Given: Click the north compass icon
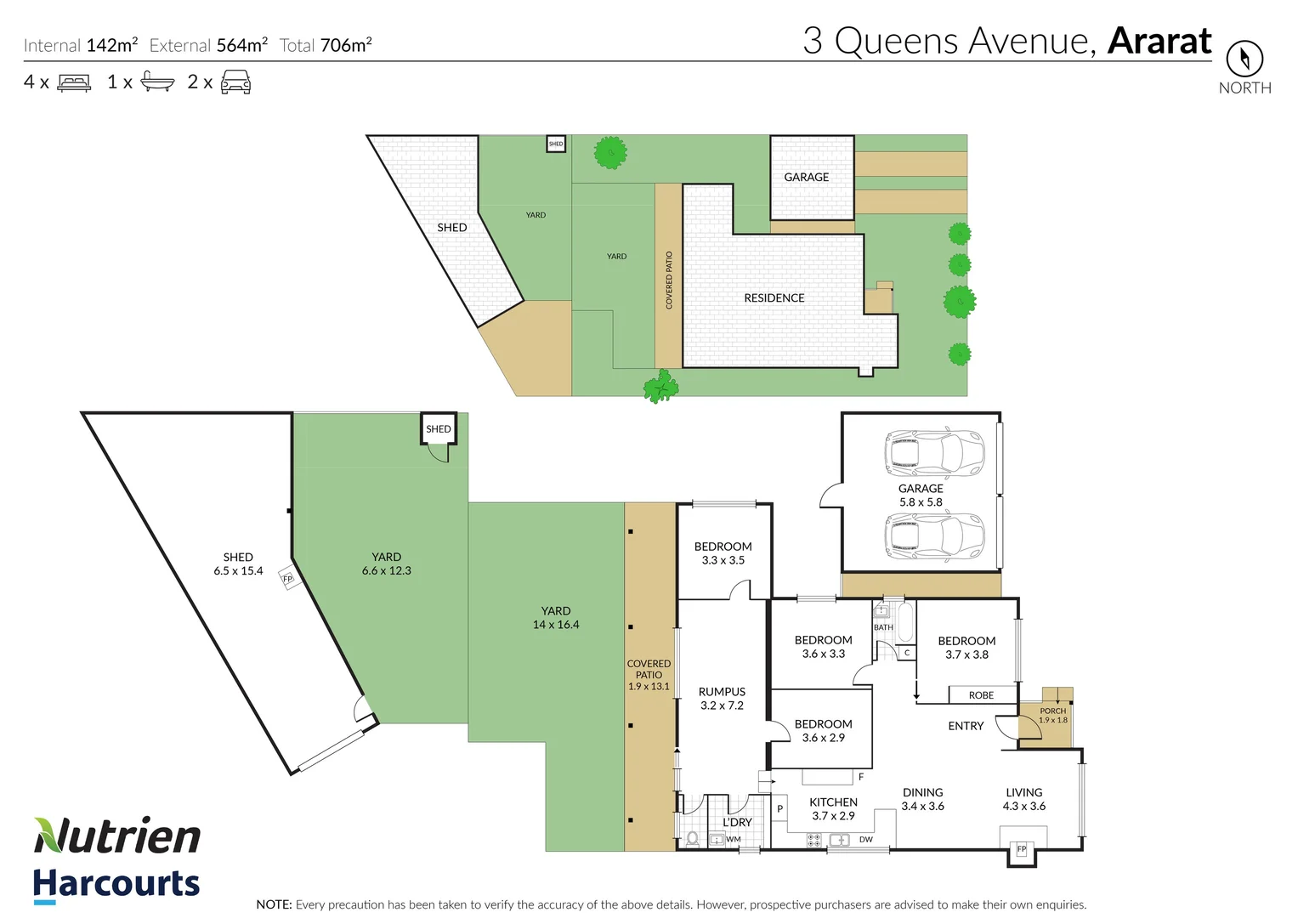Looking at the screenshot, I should (x=1244, y=59).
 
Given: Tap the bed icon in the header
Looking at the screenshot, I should (x=74, y=82).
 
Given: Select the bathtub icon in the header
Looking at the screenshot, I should (x=157, y=82).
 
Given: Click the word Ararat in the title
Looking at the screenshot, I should (x=1159, y=41).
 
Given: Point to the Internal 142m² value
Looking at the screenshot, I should (x=111, y=45).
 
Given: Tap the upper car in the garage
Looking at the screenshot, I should (x=934, y=452).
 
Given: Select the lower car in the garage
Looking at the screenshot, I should (x=934, y=536).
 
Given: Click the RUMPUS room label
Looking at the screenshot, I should (x=722, y=692).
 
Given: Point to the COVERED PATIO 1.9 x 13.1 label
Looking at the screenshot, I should (x=649, y=675).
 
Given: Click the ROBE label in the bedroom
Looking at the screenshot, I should (x=981, y=695).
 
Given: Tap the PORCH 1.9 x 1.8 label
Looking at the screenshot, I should (x=1052, y=715).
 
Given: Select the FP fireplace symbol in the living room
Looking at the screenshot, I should (x=1022, y=849).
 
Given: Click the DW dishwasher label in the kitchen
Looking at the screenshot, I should (x=865, y=840).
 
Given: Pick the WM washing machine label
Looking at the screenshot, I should (x=734, y=840).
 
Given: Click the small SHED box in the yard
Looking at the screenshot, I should (x=439, y=429).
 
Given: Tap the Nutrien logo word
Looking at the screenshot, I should (x=117, y=836).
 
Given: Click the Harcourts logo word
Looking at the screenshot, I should (x=116, y=884).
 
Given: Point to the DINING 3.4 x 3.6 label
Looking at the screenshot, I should (x=922, y=799).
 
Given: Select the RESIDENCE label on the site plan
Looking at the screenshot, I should (x=774, y=298).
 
